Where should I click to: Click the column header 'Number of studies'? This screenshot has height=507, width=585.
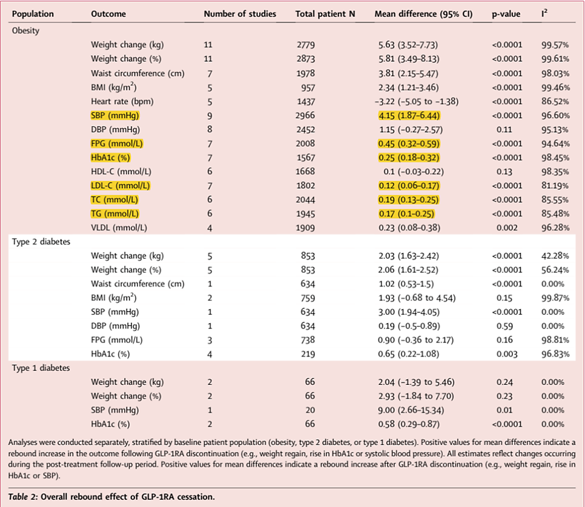[x=240, y=14]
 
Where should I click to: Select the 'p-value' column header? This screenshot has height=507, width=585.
[x=506, y=14]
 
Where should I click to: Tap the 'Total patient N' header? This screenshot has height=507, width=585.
[x=325, y=14]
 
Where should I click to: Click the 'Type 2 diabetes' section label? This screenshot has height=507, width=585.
[x=41, y=241]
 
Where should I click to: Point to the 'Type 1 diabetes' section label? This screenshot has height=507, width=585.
[x=41, y=368]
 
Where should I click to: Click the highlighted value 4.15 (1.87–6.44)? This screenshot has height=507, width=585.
[x=409, y=116]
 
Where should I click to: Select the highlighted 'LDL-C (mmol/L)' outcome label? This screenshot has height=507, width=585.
[x=120, y=186]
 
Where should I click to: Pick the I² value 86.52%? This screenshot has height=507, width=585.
[x=555, y=102]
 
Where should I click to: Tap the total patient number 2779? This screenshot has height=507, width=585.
[x=306, y=45]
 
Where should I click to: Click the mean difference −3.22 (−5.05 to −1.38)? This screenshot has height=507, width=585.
[x=417, y=102]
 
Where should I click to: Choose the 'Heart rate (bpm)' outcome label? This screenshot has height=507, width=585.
[x=122, y=102]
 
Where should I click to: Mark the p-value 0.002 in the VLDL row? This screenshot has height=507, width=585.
[x=507, y=227]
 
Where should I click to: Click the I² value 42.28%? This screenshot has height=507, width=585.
[x=555, y=256]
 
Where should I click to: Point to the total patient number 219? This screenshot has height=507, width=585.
[x=308, y=354]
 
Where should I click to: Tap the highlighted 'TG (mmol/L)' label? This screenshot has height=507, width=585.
[x=115, y=214]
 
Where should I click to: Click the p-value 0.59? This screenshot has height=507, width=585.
[x=504, y=326]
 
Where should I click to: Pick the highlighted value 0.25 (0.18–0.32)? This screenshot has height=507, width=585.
[x=409, y=158]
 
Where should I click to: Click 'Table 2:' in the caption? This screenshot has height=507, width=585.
[x=23, y=497]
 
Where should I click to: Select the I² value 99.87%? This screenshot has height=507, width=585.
[x=555, y=298]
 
